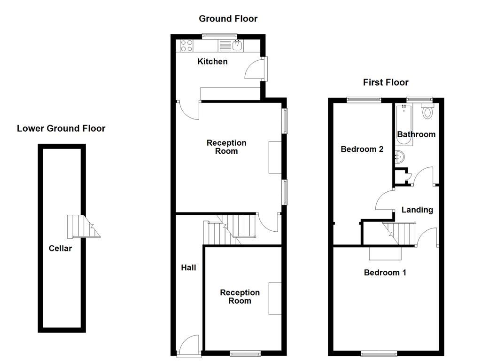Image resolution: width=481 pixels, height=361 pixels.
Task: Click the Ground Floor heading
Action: coord(228,19)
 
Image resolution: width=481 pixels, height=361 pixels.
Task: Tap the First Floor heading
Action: coord(386,82)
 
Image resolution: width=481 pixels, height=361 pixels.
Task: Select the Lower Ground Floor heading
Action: coord(61,128)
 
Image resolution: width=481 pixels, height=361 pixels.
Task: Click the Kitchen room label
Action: coord(212,62)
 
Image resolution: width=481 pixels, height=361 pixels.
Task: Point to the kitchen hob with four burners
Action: coord(186,46)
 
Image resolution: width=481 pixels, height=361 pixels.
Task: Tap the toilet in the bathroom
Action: coord(427,112)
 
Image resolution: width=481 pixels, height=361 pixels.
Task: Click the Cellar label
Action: coord(60,248)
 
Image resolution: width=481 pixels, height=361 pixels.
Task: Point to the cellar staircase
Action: coord(80,227)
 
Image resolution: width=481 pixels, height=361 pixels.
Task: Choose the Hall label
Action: coord(188,267)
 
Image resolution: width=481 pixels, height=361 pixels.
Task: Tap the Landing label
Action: coord(417,210)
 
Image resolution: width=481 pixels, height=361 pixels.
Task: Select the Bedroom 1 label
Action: coord(385,273)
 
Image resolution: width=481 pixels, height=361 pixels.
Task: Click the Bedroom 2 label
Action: coord(362,149)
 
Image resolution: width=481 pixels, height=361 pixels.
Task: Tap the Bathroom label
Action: coord(416,134)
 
